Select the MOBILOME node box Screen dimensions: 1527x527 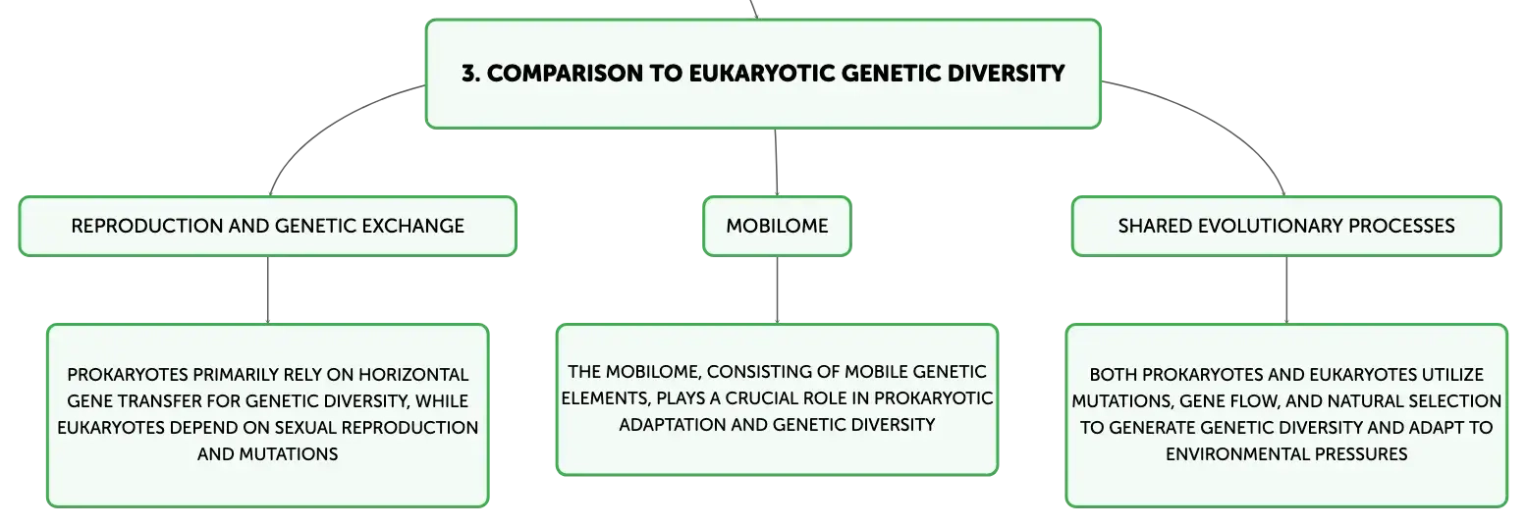pos(777,226)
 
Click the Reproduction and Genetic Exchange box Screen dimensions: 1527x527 pos(267,226)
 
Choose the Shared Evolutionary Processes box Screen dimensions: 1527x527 pos(1286,226)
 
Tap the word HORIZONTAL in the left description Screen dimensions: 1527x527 pos(413,375)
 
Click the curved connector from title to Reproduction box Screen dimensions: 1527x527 pos(326,125)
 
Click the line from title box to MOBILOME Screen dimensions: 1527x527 pos(776,162)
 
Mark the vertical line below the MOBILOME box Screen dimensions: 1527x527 pos(777,290)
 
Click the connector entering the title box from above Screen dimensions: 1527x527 pos(753,9)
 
